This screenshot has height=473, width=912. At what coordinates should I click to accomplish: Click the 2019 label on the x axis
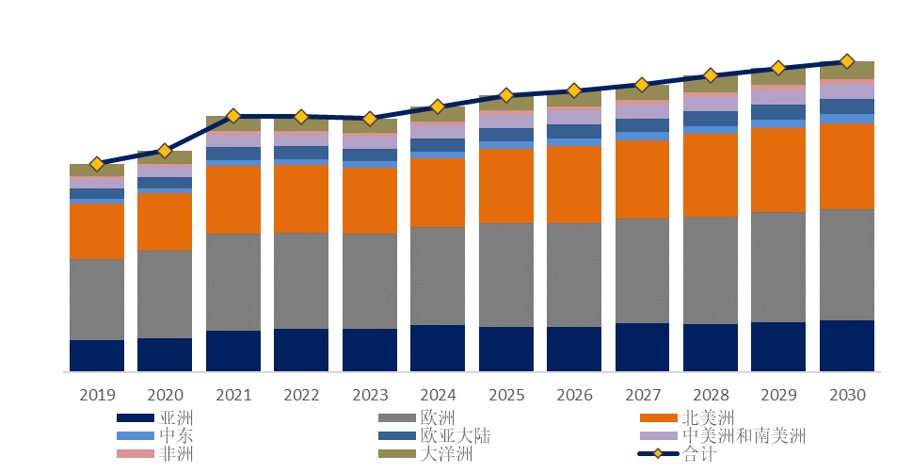pos(96,394)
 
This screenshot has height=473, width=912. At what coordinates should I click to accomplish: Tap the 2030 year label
pos(846,394)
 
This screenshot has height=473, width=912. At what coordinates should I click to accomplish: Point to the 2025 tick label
pos(505,394)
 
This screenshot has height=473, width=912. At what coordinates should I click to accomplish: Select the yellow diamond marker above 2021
pos(233,116)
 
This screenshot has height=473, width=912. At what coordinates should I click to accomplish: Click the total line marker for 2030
pos(846,61)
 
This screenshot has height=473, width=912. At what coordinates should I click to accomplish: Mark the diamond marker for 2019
pos(96,164)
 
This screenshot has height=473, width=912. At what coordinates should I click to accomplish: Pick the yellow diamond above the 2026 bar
pos(574,90)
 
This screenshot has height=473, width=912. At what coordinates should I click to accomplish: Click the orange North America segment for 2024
pos(438,192)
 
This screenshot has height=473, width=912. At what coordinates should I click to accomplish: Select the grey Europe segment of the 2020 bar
pos(165,294)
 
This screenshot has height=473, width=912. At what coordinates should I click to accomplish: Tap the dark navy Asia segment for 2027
pos(642,347)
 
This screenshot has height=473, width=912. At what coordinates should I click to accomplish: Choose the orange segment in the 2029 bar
pos(778,170)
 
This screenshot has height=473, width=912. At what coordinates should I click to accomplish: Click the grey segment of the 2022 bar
pos(301,281)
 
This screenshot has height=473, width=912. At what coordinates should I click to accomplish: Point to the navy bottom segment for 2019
pos(96,355)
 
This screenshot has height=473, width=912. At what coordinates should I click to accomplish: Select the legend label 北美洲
pos(708,417)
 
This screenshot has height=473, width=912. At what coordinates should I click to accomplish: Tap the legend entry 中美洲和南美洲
pos(744,436)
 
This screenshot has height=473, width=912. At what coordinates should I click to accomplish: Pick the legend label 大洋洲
pos(446,455)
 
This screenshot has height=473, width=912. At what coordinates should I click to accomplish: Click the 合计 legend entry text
pos(698,455)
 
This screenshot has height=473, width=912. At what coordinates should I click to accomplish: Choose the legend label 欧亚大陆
pos(456,436)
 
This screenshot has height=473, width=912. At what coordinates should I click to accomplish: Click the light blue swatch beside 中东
pos(134,436)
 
